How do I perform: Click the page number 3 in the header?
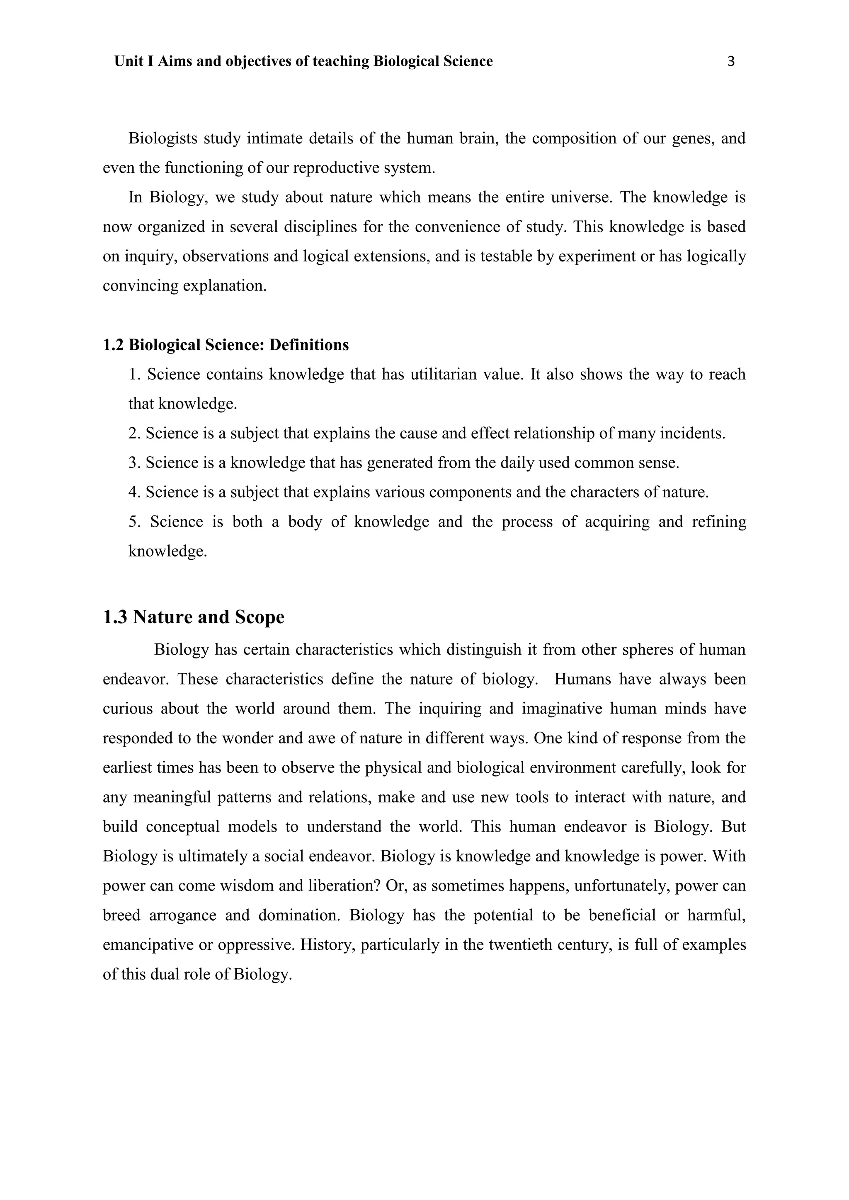(x=731, y=62)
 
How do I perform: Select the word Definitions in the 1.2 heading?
(x=309, y=345)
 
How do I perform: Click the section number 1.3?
(x=115, y=617)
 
